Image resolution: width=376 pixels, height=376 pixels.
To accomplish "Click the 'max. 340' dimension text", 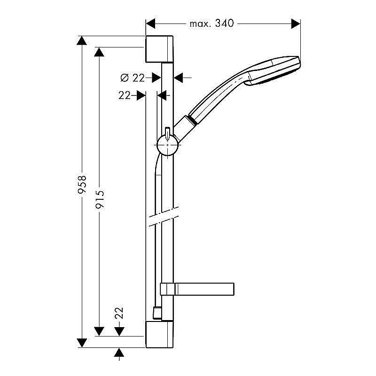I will [211, 23].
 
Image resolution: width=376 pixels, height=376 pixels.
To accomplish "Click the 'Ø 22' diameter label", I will [133, 78].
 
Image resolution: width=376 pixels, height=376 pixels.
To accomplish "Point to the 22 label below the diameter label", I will [124, 95].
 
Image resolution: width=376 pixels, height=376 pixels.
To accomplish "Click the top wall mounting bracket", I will [159, 48].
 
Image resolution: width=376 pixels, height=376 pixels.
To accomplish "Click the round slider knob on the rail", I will [167, 144].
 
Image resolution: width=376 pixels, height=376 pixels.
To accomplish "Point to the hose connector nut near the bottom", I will [157, 312].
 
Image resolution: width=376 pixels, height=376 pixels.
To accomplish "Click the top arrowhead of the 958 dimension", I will [82, 40].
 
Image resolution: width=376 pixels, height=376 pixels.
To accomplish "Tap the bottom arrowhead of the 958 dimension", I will [82, 343].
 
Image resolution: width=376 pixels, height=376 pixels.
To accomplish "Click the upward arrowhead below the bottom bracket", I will [120, 353].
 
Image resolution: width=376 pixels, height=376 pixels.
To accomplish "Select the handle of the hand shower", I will [214, 97].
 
